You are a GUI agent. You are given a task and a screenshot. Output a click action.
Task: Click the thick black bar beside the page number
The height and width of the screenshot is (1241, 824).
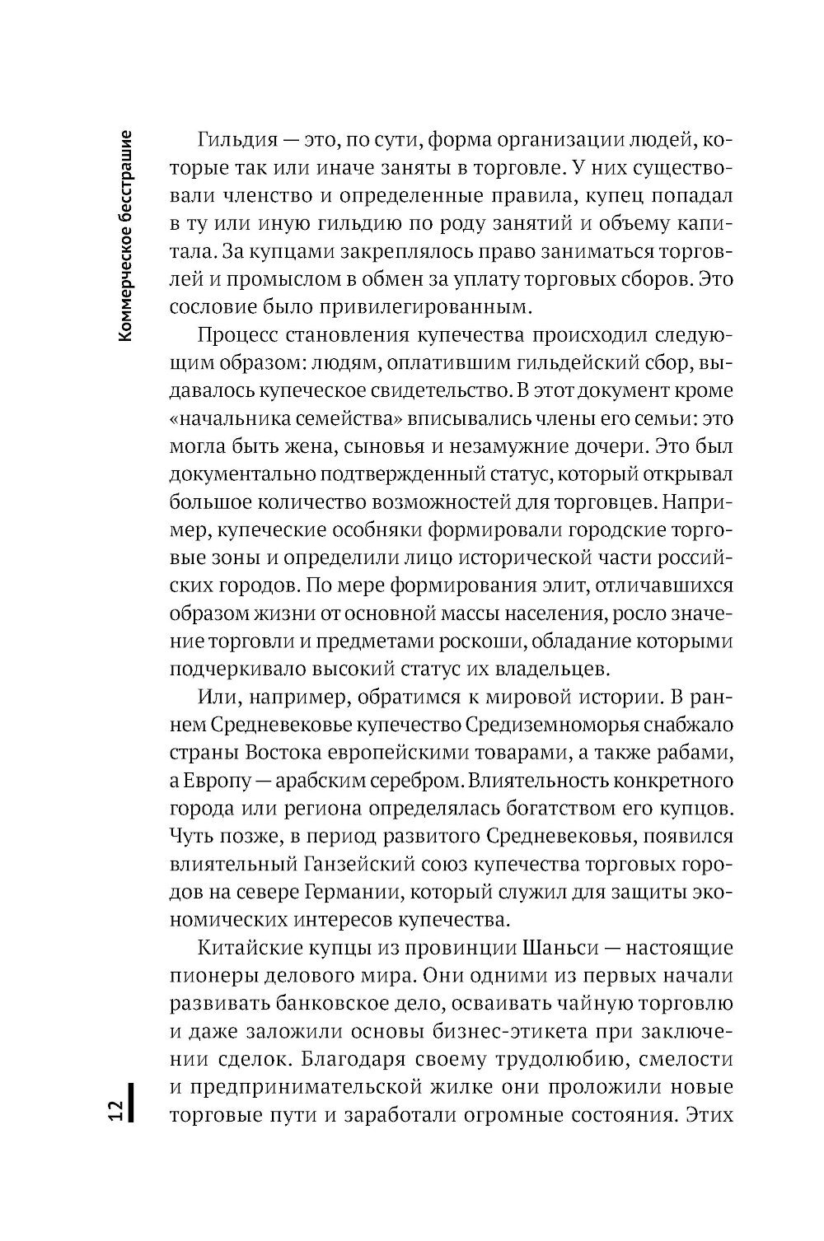133,1099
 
